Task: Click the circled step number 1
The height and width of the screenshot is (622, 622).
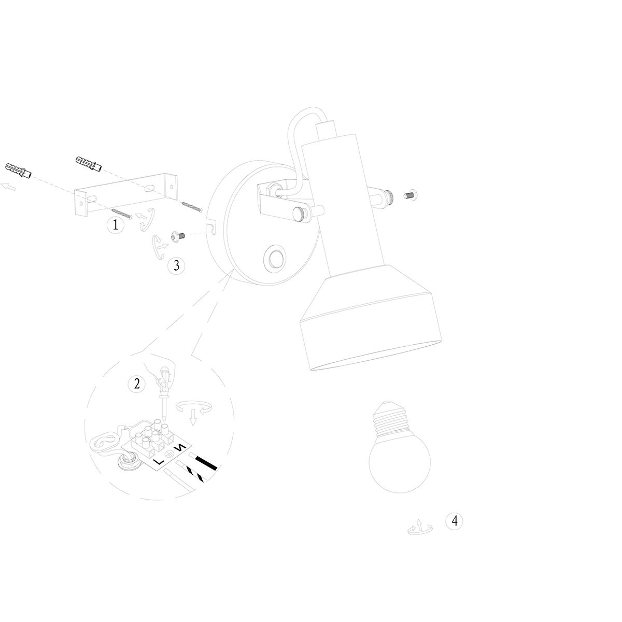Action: (115, 225)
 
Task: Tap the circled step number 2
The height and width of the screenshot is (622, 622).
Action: (136, 384)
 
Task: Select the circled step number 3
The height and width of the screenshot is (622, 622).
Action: (176, 266)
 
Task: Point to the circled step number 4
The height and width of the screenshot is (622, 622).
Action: (454, 521)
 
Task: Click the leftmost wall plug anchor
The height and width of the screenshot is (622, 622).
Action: (19, 169)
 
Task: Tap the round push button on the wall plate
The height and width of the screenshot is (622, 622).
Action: (273, 257)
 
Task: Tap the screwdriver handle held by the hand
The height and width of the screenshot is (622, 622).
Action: (165, 376)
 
